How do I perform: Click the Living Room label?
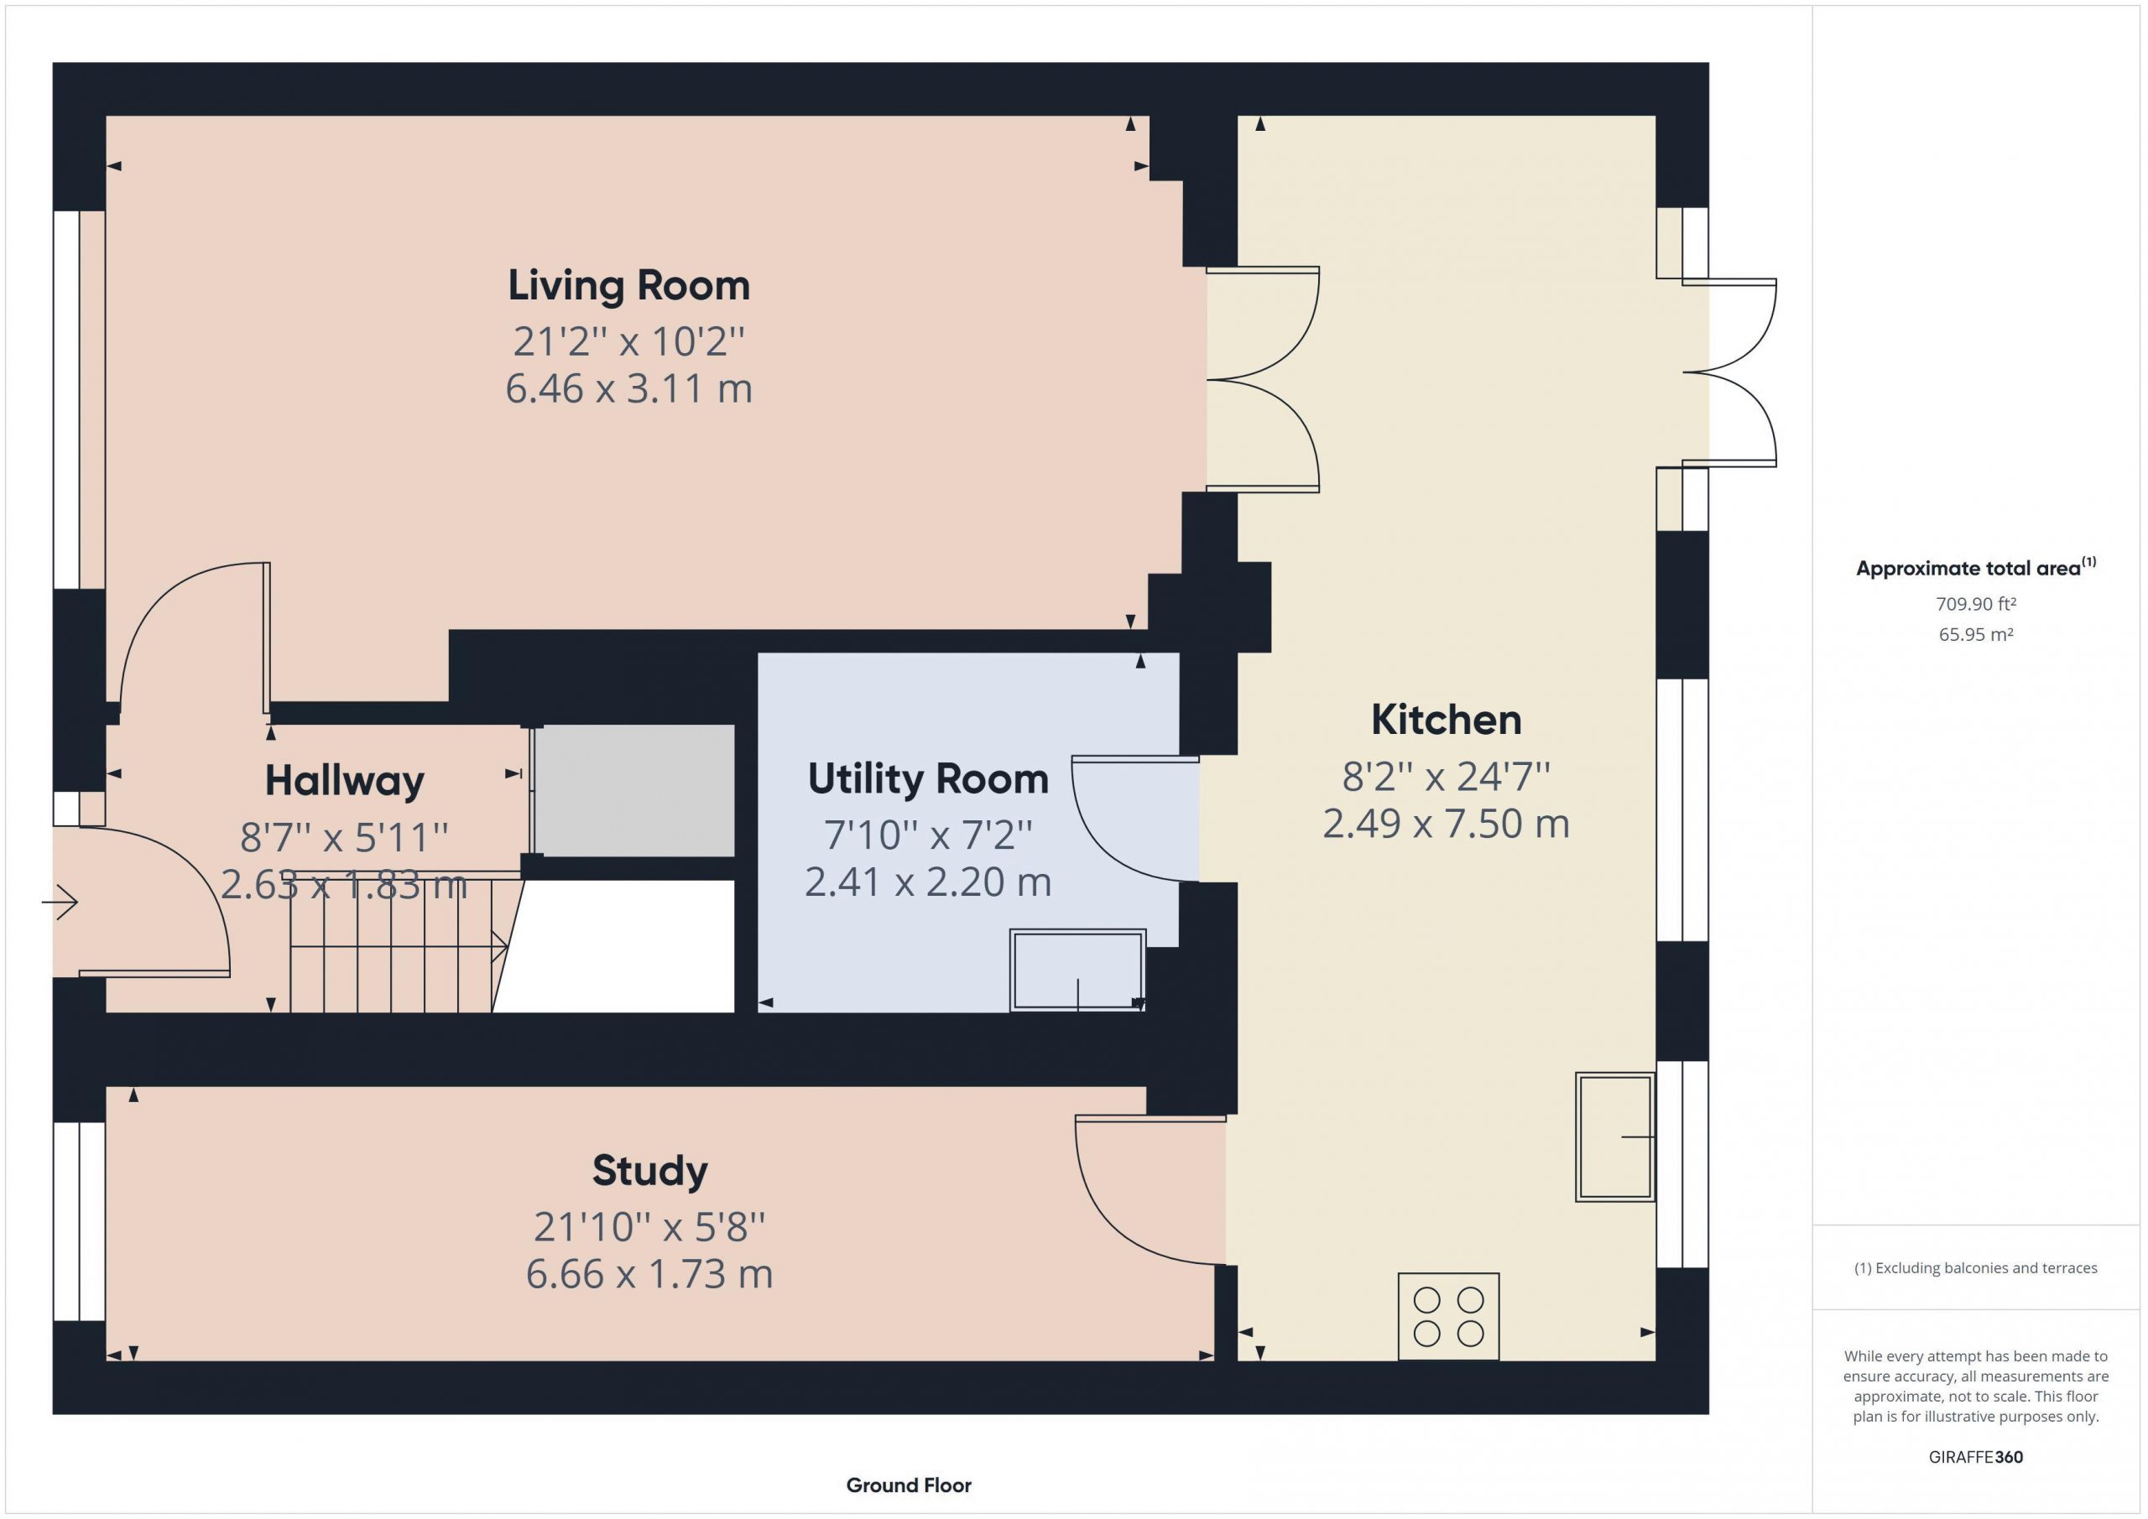coord(628,285)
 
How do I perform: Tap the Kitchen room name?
coord(1447,720)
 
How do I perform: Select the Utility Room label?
coord(928,779)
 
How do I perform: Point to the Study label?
coord(650,1171)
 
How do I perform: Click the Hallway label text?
coord(344,781)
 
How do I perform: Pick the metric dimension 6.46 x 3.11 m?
coord(628,388)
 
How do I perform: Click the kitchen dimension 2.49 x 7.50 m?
coord(1447,823)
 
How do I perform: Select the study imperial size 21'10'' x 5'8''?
coord(649,1226)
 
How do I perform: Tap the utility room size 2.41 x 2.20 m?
coord(928,882)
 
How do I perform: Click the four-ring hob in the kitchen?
coord(1448,1316)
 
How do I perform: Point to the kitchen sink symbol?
coord(1614,1137)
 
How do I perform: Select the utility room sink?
coord(1077,970)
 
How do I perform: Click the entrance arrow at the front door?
coord(59,903)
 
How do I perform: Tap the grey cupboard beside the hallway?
coord(634,790)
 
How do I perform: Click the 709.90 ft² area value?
coord(1976,604)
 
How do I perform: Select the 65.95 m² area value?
coord(1976,634)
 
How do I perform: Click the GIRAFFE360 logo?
coord(1976,1456)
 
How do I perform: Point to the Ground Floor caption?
coord(909,1485)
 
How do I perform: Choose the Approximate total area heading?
coord(1976,568)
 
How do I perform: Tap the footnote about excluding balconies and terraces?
coord(1976,1267)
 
